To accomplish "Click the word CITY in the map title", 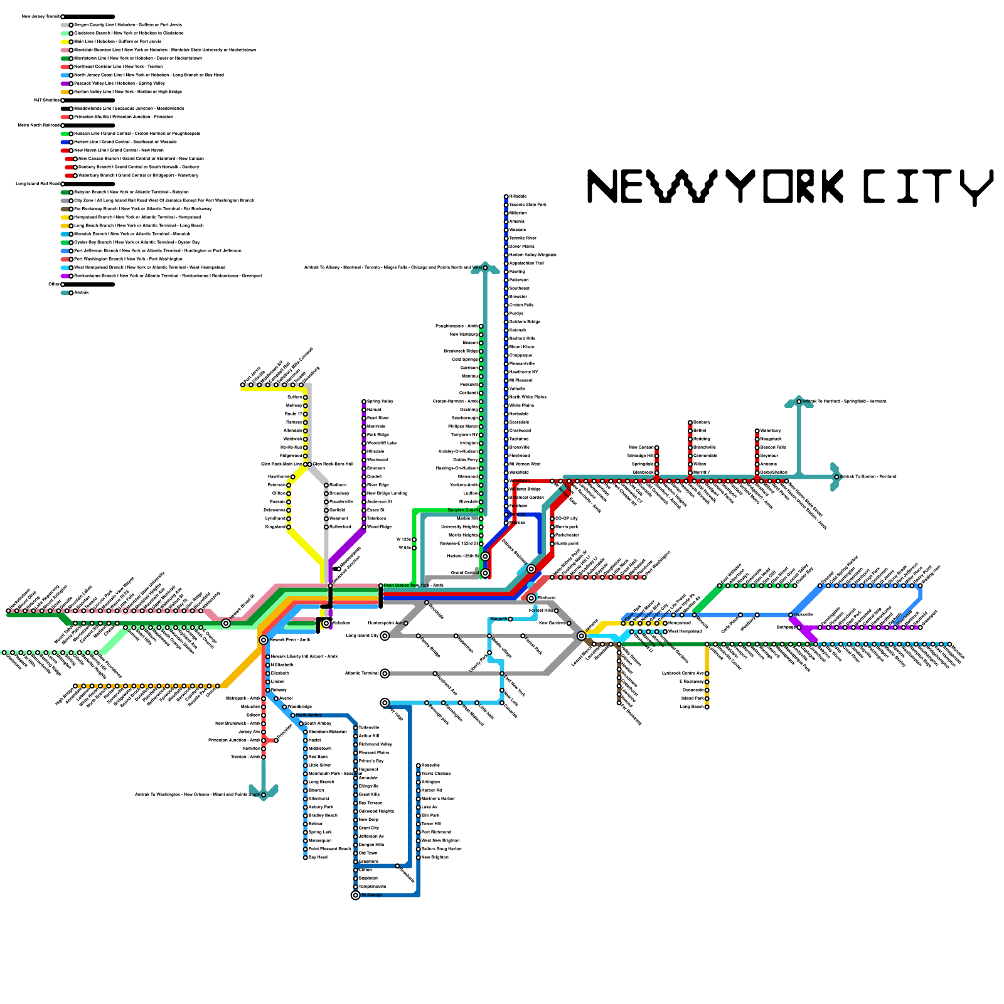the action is point(927,186).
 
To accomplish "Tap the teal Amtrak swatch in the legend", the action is point(65,292).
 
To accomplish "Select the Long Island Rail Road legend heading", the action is point(38,184).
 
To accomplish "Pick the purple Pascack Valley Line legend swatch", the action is point(65,83).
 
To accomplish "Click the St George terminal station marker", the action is point(356,895).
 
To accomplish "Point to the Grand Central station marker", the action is point(485,573).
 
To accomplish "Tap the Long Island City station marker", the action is point(385,636).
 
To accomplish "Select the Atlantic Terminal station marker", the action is point(385,673).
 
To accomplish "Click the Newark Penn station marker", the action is point(264,640).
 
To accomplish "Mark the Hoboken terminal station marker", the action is point(326,623).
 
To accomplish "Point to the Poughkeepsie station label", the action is point(457,326).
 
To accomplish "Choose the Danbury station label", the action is point(702,422).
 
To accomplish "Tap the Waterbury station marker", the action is point(757,430).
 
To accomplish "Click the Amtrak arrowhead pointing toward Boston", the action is point(835,477).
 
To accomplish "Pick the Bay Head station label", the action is point(318,857).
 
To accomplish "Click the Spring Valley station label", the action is point(380,401).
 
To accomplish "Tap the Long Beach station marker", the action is point(707,707).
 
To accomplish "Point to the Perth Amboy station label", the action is point(309,715).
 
